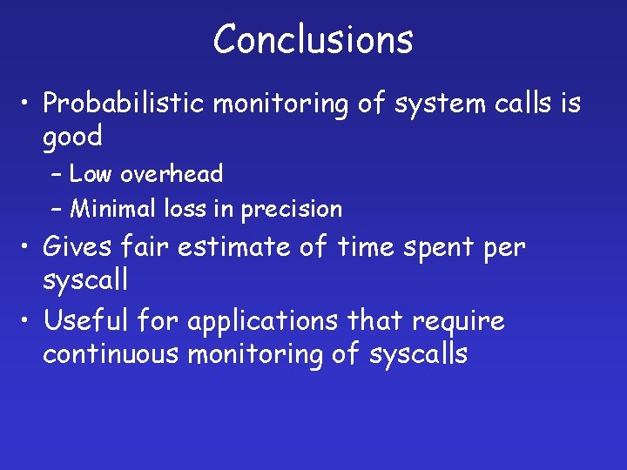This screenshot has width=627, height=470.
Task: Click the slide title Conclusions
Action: point(313,39)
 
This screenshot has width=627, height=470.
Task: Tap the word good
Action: point(72,137)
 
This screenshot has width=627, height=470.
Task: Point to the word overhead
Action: point(172,174)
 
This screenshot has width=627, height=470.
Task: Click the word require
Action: point(459,322)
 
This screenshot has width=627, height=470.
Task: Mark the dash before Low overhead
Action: point(57,175)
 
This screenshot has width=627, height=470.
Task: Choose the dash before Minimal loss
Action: point(57,210)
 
